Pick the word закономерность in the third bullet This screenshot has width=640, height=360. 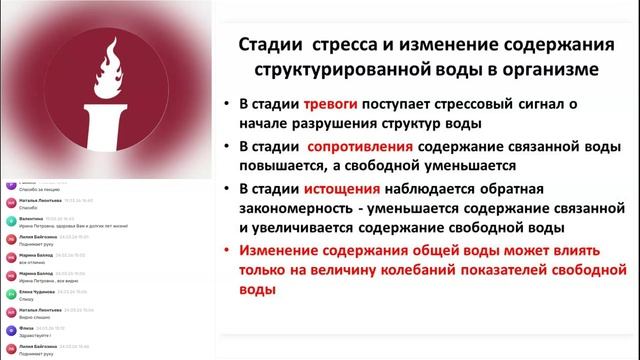click(x=300, y=209)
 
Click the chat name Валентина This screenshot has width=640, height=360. click(x=30, y=217)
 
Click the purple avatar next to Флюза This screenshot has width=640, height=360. click(x=8, y=330)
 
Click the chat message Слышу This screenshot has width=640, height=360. click(x=24, y=298)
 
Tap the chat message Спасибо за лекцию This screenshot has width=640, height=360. click(x=37, y=189)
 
